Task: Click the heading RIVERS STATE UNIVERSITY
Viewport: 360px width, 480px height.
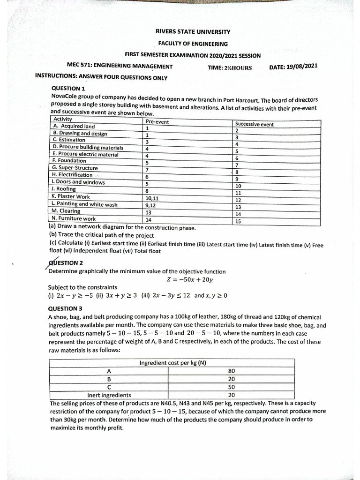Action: click(x=193, y=32)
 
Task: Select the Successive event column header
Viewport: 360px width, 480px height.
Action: click(x=255, y=124)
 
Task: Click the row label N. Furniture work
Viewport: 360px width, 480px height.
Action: click(x=74, y=218)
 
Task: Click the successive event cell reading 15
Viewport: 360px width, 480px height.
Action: click(x=238, y=222)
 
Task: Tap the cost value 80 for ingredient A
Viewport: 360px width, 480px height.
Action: click(x=231, y=371)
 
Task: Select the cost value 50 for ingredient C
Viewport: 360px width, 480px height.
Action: click(x=231, y=387)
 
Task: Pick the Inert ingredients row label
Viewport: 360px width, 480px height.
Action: click(x=110, y=395)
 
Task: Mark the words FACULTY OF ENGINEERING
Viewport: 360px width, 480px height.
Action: click(x=193, y=44)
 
